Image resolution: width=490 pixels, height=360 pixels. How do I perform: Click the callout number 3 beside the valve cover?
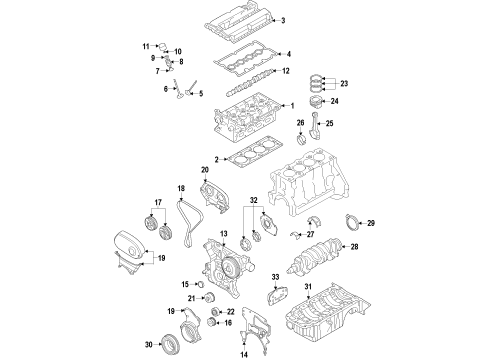283,21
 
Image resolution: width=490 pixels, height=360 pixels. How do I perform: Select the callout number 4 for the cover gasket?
288,53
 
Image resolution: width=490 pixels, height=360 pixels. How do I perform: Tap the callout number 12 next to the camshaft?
285,72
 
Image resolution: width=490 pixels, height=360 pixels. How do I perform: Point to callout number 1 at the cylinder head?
292,106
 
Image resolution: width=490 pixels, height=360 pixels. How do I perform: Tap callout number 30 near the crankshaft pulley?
148,346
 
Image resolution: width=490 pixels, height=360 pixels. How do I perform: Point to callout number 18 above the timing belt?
181,189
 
